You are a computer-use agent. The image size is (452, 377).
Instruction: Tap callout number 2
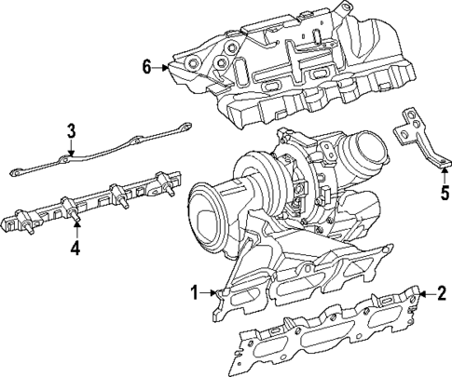pos(441,293)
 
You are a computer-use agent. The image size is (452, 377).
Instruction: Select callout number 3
pos(70,129)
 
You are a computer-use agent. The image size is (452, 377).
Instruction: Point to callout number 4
pos(75,249)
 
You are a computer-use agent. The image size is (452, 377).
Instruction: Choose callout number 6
pos(147,66)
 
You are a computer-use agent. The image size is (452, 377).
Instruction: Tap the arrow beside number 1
pos(215,293)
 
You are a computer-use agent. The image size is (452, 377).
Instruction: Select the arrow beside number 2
pos(424,293)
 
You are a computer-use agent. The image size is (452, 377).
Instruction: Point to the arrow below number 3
pos(70,150)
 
